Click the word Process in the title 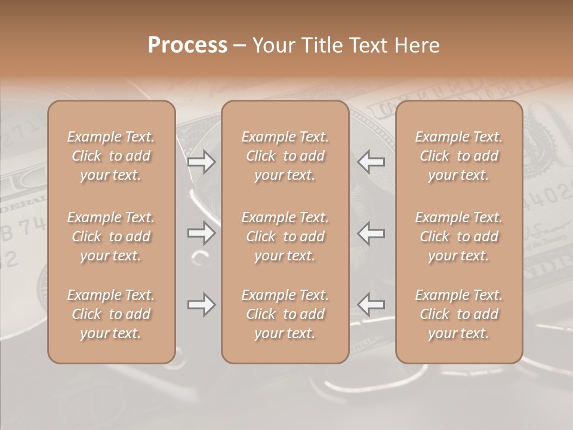point(187,45)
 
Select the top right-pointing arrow point(201,162)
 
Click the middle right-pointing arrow point(201,233)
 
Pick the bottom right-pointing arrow point(201,305)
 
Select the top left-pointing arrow point(371,162)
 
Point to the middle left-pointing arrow point(371,233)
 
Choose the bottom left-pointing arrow point(371,305)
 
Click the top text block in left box point(111,156)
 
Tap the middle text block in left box point(111,236)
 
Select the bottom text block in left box point(111,314)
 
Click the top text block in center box point(285,156)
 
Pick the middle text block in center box point(285,236)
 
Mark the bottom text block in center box point(285,314)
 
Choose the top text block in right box point(458,156)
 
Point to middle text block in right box point(458,236)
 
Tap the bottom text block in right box point(458,314)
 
